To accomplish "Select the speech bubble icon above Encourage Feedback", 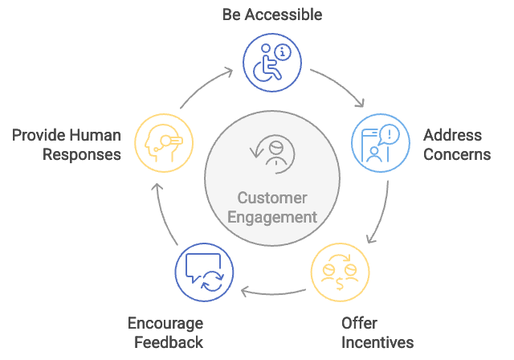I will pos(204,273).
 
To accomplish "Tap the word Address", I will pos(452,135).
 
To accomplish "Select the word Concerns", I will pos(456,154).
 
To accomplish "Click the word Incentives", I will pos(377,343).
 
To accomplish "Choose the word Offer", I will pos(359,324).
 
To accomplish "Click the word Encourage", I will pos(165,324).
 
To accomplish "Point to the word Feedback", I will pos(169,343).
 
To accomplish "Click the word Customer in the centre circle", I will pos(273,198).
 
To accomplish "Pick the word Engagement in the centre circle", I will pos(273,218).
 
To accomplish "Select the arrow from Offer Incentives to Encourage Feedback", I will pos(275,290).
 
